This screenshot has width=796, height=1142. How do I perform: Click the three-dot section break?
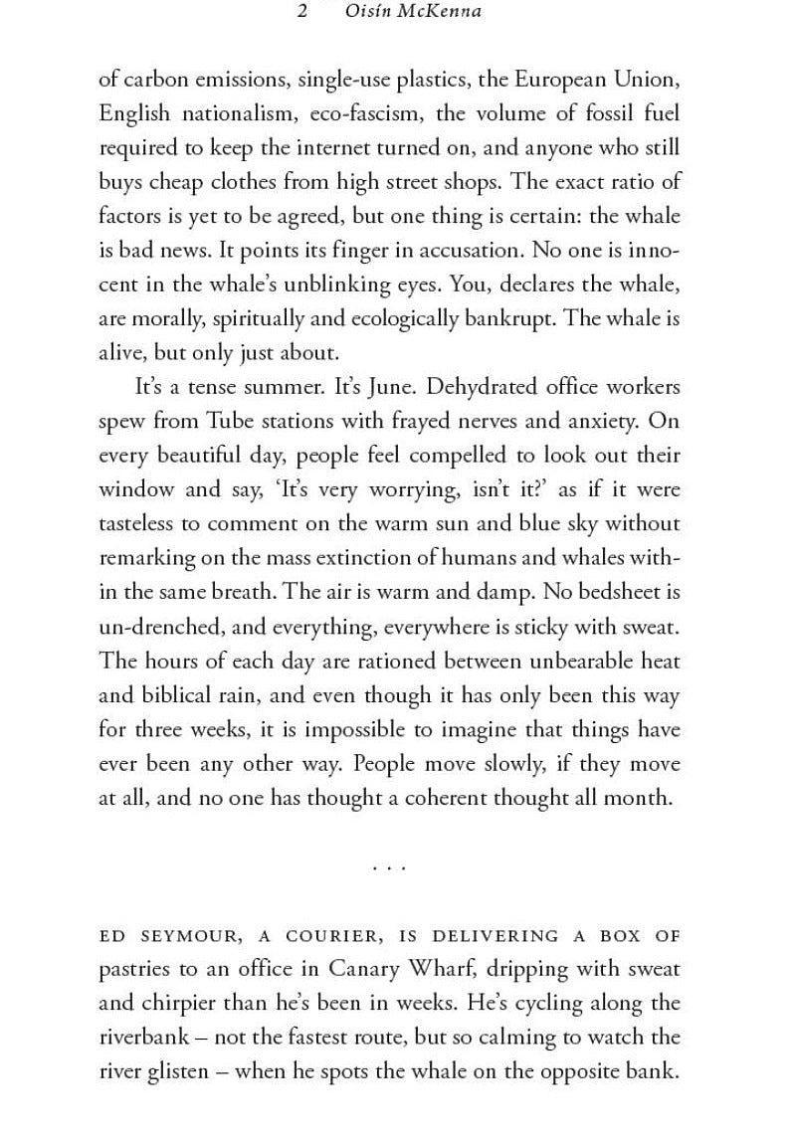(389, 867)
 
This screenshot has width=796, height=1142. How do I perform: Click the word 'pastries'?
(133, 969)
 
